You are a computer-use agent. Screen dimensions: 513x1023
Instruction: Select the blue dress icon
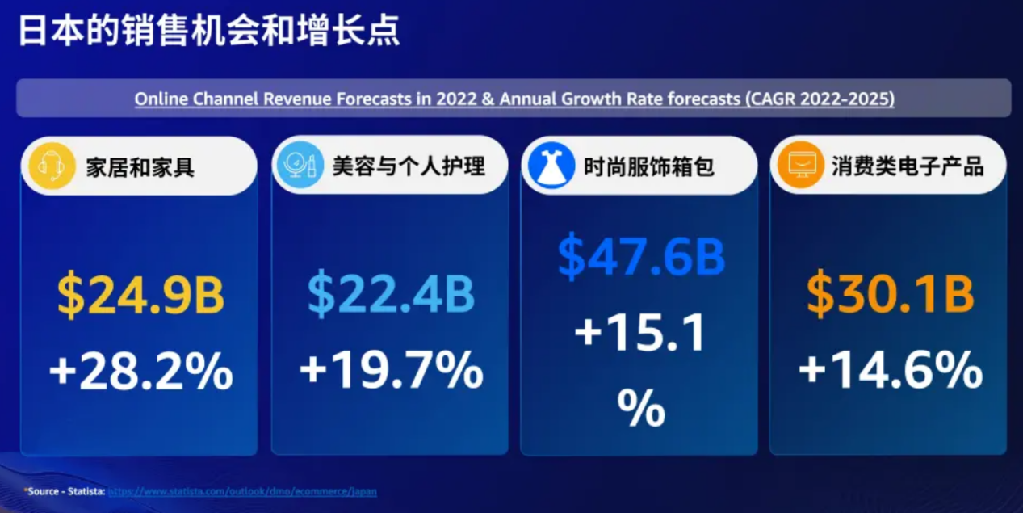547,166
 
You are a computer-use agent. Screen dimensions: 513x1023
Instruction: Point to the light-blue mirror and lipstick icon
296,166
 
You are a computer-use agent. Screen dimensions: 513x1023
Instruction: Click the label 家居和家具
140,166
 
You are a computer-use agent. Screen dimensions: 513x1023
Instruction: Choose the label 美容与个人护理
409,166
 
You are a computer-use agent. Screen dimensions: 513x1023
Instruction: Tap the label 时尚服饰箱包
649,166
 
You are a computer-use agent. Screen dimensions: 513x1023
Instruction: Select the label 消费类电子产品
908,166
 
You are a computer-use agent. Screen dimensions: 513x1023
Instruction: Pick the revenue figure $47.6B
641,256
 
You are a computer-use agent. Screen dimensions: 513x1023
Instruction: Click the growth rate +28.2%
140,372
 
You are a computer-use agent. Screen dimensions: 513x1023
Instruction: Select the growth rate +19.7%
391,372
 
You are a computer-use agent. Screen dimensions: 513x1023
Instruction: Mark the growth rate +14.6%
890,372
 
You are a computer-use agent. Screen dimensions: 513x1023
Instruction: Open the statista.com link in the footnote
242,491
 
